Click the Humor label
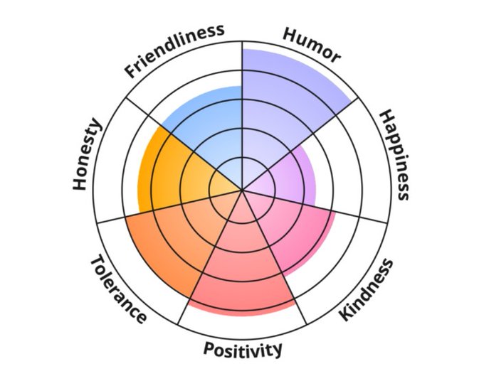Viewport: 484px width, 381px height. point(312,45)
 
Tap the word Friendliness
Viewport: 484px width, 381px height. point(175,49)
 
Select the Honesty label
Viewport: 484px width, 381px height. point(88,154)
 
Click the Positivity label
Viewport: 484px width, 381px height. point(243,348)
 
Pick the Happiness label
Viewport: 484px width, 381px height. point(394,155)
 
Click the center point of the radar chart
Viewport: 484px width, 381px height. point(242,190)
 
